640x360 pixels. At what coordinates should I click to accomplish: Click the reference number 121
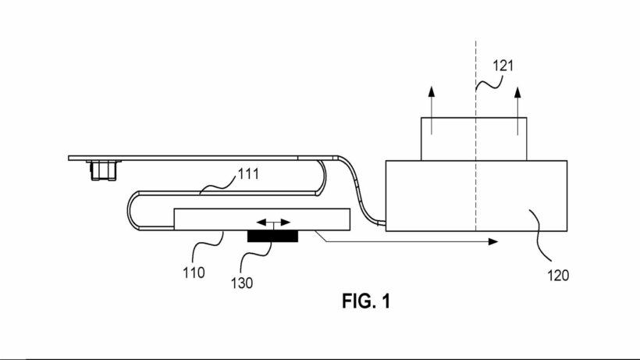(x=503, y=66)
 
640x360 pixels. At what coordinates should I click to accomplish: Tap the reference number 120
(x=557, y=276)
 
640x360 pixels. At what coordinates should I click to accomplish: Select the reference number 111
(x=248, y=174)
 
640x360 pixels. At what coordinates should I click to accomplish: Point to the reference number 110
(x=194, y=273)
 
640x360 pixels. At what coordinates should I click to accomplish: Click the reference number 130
(x=242, y=283)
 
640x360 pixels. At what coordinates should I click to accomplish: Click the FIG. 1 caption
(x=366, y=301)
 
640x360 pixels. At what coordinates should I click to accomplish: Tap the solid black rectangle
(x=272, y=237)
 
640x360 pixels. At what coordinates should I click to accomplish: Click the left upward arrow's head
(x=432, y=91)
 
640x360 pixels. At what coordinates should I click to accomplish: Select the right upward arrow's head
(x=517, y=92)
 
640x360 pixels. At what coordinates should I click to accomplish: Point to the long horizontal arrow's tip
(x=498, y=241)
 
